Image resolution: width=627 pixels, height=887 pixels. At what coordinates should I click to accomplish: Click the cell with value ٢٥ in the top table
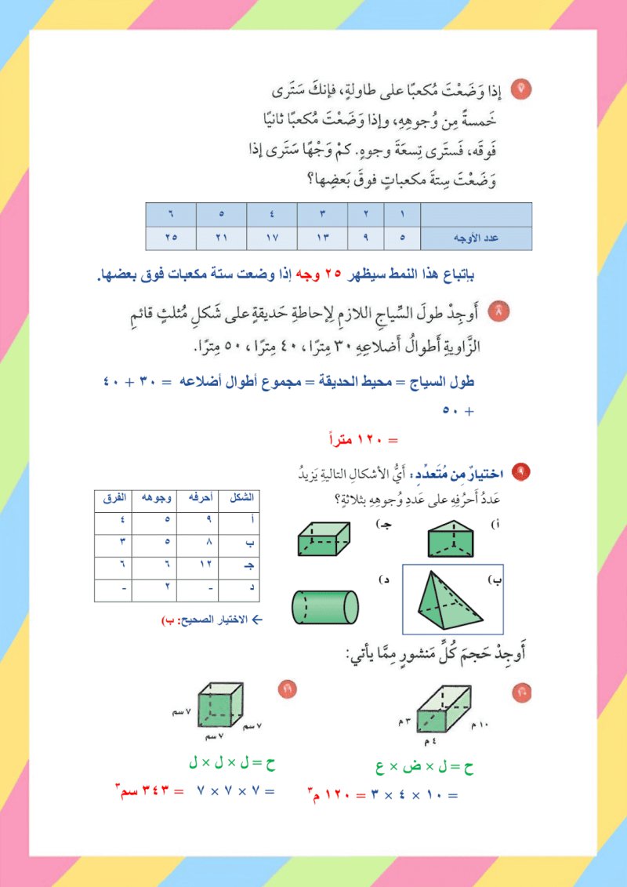pos(171,238)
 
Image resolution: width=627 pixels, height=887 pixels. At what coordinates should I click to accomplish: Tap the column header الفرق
pos(115,499)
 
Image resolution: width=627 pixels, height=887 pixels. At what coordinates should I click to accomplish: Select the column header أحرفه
pos(191,499)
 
